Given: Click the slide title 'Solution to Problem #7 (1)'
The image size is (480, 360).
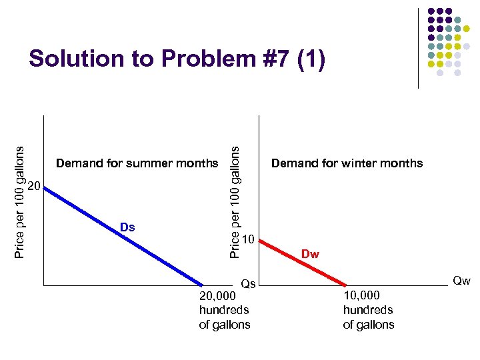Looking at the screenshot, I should click(x=177, y=59).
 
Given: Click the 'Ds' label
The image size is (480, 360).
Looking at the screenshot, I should click(x=127, y=227).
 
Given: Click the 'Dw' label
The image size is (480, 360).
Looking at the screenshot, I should click(x=310, y=254).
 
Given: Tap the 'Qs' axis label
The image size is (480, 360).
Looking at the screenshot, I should click(x=248, y=285).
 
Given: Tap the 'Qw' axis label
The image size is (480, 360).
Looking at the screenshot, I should click(x=461, y=281).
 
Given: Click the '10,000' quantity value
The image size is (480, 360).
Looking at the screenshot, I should click(x=361, y=295).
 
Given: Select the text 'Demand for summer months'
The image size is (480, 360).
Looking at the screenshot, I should click(x=137, y=163).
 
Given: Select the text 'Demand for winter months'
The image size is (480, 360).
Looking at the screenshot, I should click(x=347, y=163).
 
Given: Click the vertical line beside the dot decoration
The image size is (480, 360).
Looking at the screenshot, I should click(x=418, y=48).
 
